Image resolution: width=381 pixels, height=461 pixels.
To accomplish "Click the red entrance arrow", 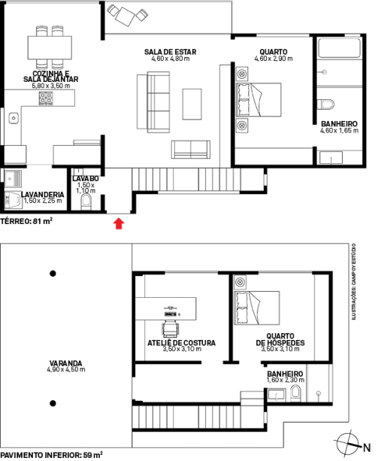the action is tap(119, 223).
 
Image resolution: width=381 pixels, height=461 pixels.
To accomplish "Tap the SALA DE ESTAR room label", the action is tap(170, 52).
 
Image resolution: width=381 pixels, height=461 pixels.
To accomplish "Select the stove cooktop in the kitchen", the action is tap(46, 99).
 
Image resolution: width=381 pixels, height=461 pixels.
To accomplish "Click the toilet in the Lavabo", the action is tap(86, 202).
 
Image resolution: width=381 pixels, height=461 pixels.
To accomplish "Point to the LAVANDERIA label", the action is tap(42, 195).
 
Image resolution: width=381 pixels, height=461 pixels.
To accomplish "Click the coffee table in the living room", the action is tap(192, 104).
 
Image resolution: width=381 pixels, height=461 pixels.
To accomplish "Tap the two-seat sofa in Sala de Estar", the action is tap(191, 150).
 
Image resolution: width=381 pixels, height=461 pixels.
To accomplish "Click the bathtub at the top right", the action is tap(339, 47).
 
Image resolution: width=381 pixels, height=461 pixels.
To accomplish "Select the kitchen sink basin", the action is tap(14, 118).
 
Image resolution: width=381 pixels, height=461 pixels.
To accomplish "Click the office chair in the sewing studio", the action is tap(171, 329).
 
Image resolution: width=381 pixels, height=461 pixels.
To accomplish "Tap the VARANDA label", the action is tap(66, 363).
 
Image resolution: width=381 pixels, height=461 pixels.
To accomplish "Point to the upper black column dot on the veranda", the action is tap(53, 274).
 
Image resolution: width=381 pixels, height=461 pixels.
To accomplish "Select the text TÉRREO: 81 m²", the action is tap(26, 221).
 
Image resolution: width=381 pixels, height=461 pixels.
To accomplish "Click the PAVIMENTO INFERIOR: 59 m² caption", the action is tap(51, 455).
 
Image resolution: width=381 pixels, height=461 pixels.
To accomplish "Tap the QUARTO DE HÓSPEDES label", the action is tap(280, 339).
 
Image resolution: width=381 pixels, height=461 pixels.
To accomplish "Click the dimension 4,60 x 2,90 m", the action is tap(274, 59).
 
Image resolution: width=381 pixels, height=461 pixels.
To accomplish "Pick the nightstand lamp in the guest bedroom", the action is tap(240, 282).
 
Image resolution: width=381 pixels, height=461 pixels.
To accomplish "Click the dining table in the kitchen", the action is tap(50, 47).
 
